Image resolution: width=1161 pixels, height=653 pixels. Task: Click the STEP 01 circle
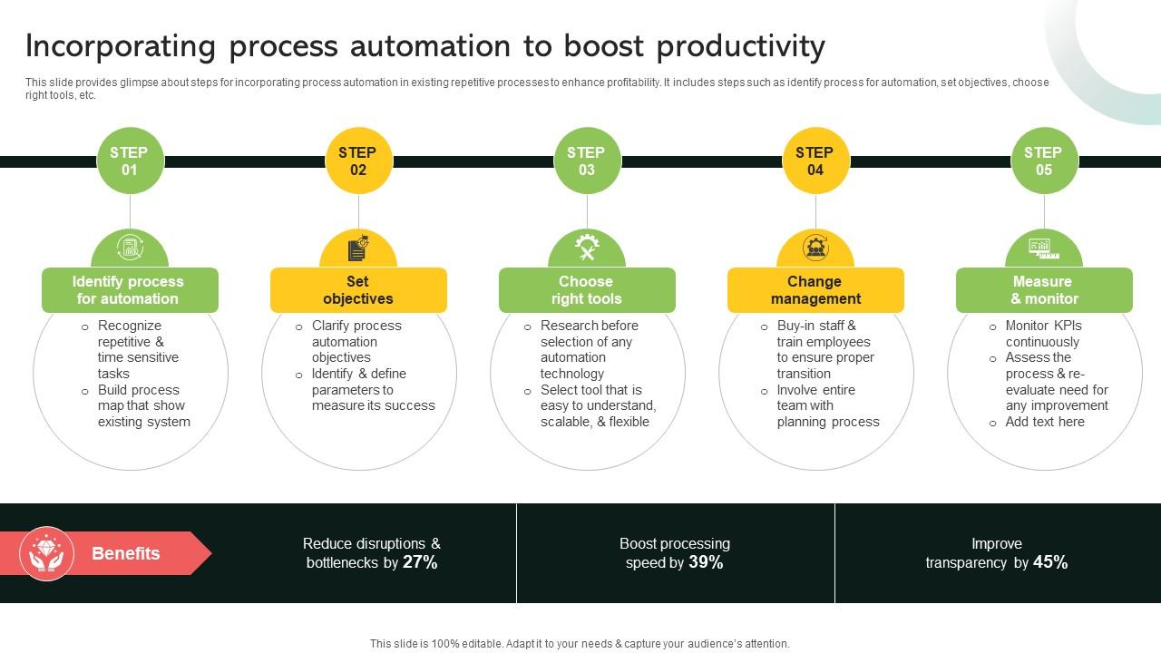point(130,161)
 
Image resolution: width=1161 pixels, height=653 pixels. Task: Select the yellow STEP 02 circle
point(358,161)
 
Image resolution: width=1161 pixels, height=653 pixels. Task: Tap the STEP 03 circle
point(587,161)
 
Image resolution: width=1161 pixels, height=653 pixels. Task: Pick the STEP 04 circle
point(815,161)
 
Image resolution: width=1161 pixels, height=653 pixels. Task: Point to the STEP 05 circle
point(1044,161)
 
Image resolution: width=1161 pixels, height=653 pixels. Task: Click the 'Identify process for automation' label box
point(130,290)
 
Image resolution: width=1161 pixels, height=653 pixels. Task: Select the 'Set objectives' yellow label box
point(358,290)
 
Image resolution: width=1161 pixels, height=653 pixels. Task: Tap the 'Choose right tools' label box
point(587,290)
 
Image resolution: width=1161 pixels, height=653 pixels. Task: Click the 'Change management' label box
point(815,290)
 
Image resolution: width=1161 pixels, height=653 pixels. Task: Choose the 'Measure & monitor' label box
point(1044,290)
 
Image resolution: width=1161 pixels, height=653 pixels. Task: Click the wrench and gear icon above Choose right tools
point(587,247)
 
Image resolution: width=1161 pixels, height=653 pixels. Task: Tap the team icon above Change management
point(815,247)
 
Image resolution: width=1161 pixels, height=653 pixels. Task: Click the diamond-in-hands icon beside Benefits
point(46,553)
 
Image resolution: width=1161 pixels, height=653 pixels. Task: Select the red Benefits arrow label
point(127,553)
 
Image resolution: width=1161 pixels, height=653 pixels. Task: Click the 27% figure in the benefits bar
point(420,562)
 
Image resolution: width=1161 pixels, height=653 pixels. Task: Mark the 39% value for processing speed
point(706,562)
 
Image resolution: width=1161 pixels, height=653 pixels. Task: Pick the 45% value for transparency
point(1049,562)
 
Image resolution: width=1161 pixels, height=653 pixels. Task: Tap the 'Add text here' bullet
point(1044,422)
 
